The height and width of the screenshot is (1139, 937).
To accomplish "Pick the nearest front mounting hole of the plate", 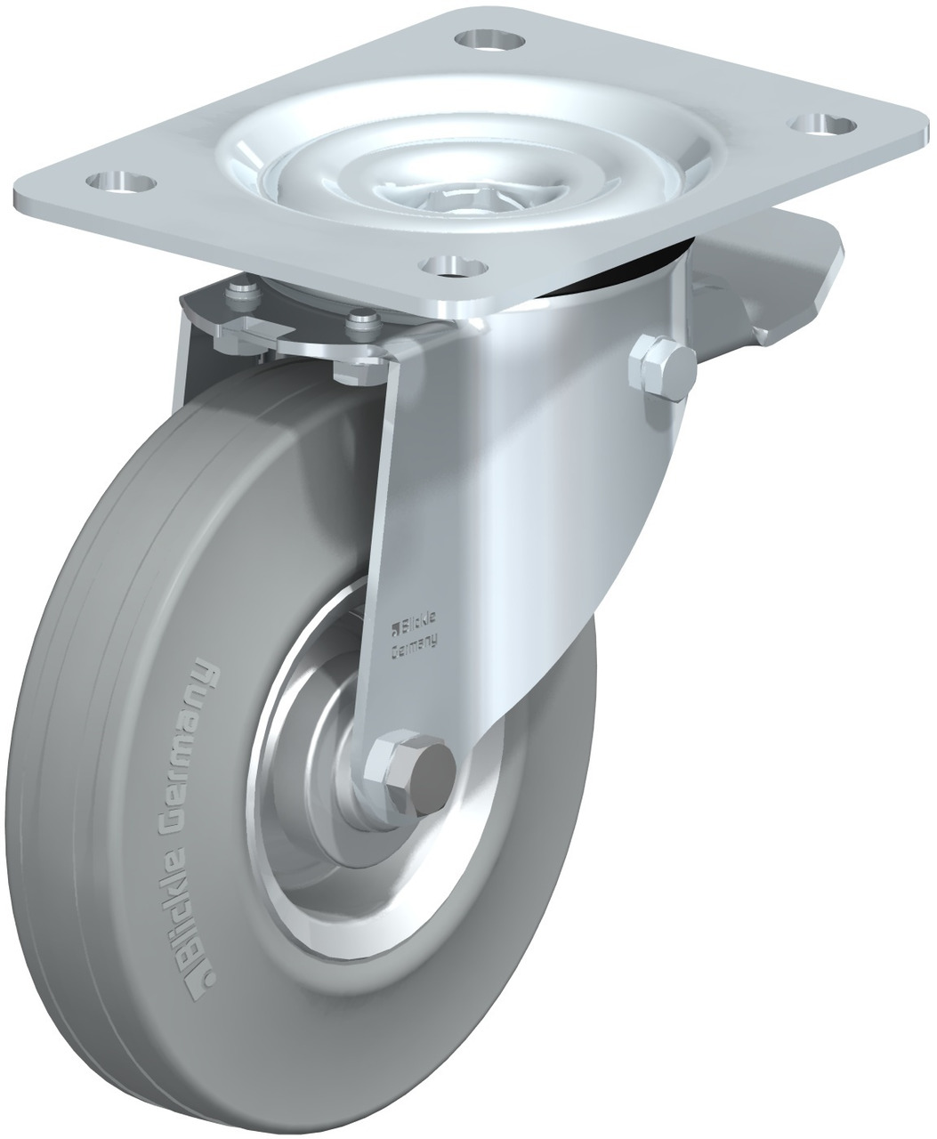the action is point(454,267).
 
